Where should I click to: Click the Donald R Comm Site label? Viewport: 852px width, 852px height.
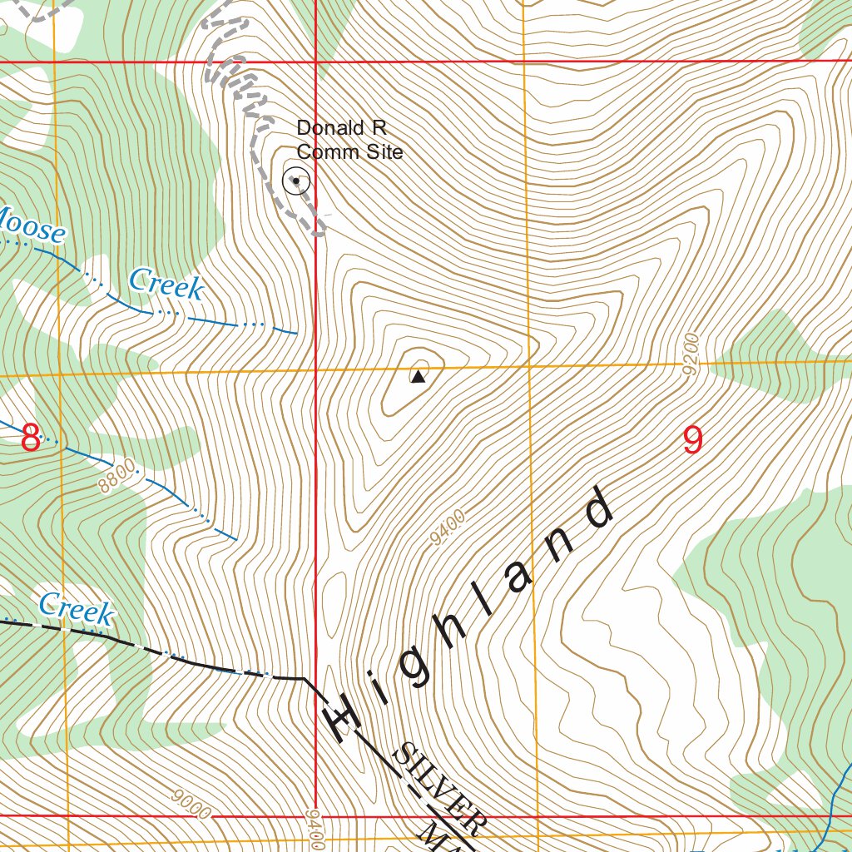point(349,140)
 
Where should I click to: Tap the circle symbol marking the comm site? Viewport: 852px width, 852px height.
point(296,181)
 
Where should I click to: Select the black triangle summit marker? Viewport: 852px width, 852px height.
point(418,377)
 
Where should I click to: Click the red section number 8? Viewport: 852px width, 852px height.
point(30,438)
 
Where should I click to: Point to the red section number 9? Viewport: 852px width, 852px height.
point(692,440)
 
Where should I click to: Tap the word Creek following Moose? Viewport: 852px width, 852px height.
point(166,284)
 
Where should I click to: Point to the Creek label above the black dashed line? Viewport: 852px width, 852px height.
point(76,608)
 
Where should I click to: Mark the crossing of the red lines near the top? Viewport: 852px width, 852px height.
point(315,62)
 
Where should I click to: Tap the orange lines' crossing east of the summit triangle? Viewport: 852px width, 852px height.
point(528,364)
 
